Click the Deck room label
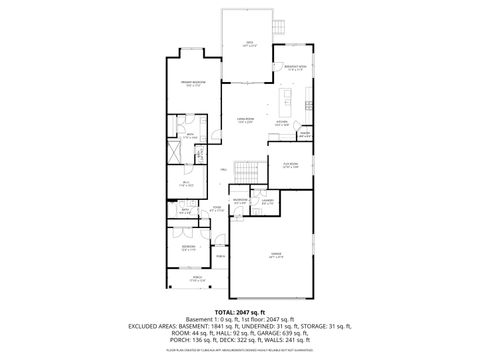249,44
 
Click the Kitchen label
282,124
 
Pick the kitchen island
286,103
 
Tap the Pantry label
306,134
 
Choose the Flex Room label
291,165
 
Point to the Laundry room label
268,201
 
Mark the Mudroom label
240,201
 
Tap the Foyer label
215,209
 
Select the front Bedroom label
188,246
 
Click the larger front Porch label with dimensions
197,280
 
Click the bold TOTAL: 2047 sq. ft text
239,312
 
